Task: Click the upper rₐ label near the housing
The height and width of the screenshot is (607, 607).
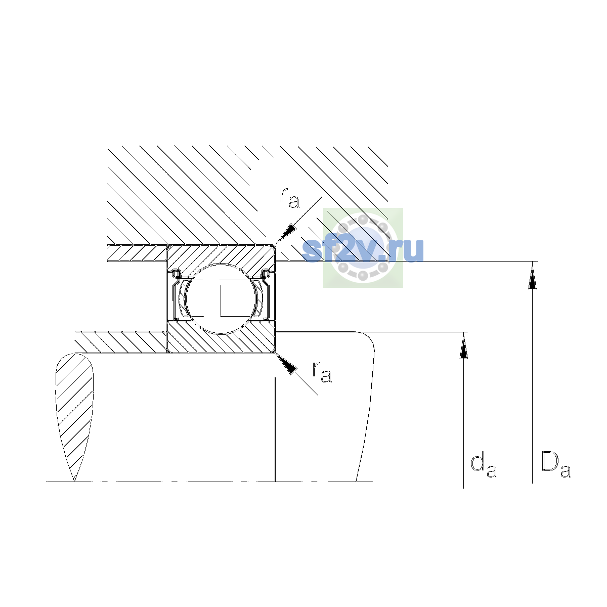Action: click(289, 198)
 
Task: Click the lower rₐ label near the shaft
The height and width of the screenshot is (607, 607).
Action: click(322, 372)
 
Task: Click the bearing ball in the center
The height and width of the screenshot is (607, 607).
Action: click(221, 298)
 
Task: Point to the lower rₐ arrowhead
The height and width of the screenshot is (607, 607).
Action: click(286, 364)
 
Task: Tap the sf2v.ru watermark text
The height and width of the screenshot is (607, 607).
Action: click(363, 250)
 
